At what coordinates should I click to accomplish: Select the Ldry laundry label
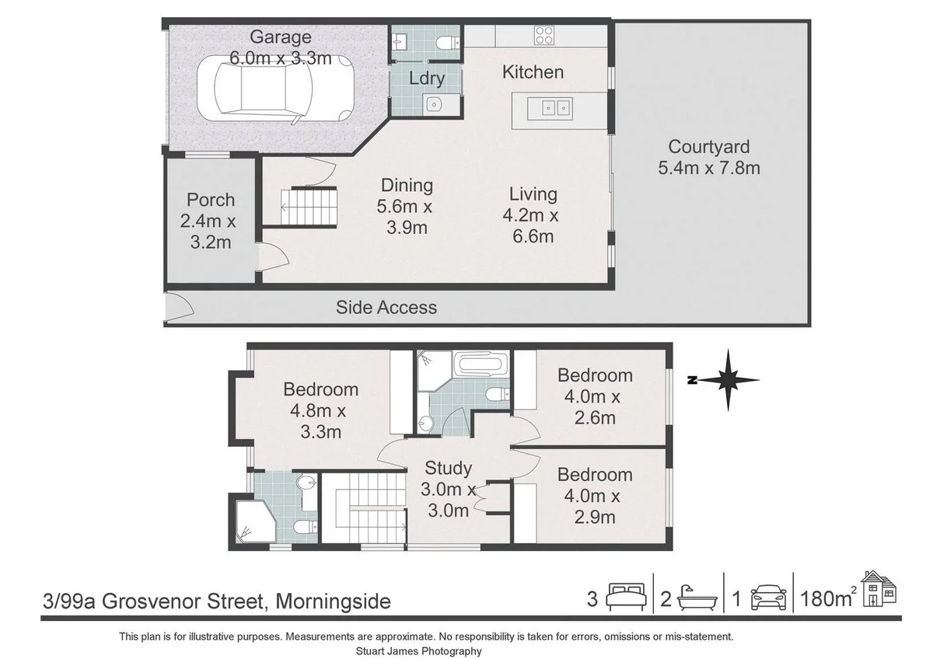click(427, 78)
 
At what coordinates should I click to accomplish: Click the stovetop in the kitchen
click(543, 36)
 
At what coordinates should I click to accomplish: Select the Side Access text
click(386, 308)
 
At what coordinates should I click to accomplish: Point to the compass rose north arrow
click(728, 380)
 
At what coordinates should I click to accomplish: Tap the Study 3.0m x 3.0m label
click(448, 489)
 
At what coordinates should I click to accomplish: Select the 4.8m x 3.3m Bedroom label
click(320, 410)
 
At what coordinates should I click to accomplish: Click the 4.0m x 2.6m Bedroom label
click(595, 396)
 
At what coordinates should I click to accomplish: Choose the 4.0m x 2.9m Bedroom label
click(595, 495)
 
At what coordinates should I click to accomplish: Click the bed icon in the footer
click(627, 599)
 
